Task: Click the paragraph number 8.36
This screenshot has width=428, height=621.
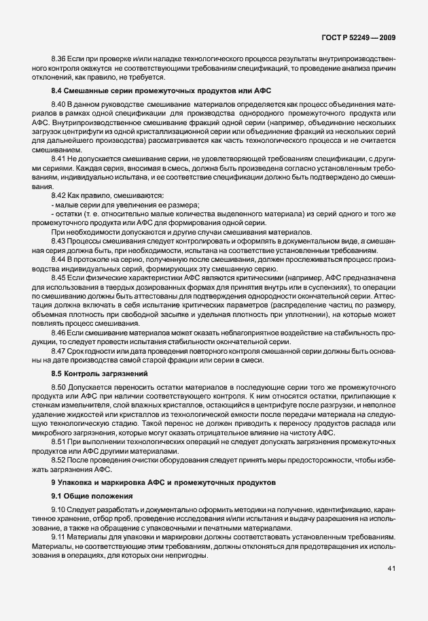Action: click(x=59, y=60)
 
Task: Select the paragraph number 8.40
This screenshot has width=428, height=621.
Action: click(x=59, y=103)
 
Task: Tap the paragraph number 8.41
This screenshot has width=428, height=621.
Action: click(x=59, y=157)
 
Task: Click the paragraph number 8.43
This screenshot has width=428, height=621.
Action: click(x=59, y=241)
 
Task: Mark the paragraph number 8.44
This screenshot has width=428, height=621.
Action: click(x=59, y=260)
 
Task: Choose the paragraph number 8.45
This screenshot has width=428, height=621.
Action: click(x=59, y=278)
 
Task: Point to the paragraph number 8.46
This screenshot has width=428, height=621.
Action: click(x=59, y=333)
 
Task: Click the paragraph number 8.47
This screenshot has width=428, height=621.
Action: click(x=59, y=351)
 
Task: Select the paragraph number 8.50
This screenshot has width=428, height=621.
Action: click(x=59, y=386)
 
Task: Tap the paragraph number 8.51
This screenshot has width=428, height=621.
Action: click(x=59, y=441)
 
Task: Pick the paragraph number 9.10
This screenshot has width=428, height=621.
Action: click(x=59, y=509)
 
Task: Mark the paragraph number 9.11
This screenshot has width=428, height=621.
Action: click(x=59, y=537)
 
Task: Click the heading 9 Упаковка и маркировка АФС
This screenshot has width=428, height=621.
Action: click(x=163, y=482)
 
